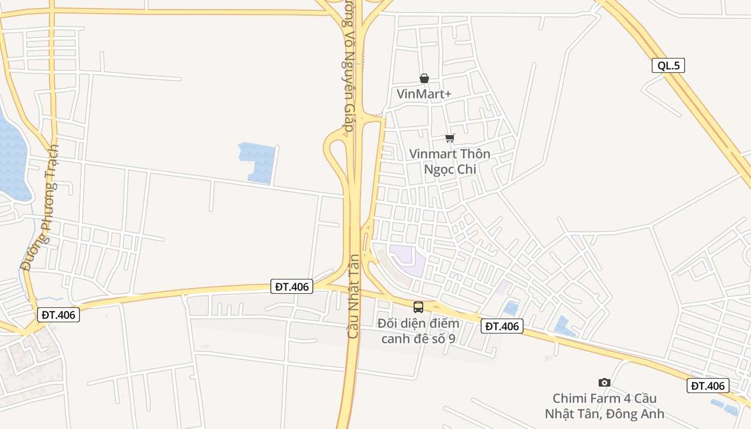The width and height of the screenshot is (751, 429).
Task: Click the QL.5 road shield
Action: point(668,65)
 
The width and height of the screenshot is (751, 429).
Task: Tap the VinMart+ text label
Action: point(424,94)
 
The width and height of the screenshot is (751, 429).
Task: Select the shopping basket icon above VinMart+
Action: point(424,78)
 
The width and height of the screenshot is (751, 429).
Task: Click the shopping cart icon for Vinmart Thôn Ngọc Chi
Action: point(450,138)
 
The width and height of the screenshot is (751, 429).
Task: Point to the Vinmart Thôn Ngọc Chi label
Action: point(450,161)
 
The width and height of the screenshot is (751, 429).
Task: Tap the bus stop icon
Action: point(418,307)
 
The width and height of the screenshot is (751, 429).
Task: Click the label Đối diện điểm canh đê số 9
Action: point(418,331)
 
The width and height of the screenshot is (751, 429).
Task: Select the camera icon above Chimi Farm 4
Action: point(604,382)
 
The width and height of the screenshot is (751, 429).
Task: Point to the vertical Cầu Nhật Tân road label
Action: point(352,295)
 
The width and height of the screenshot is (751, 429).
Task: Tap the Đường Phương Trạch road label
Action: point(40,208)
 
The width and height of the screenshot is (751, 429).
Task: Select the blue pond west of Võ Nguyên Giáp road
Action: point(258,161)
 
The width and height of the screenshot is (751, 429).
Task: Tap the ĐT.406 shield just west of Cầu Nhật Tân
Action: point(292,286)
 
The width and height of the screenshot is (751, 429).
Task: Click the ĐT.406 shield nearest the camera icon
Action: point(708,385)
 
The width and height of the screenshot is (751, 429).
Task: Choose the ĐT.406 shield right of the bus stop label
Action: point(502,326)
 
